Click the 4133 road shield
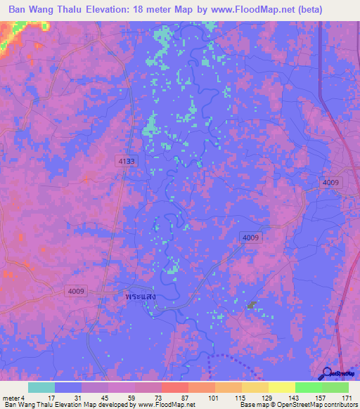(x=127, y=162)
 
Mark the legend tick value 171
(x=347, y=398)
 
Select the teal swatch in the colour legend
(x=41, y=387)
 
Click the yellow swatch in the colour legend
(x=281, y=387)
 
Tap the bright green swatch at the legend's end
(x=335, y=387)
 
